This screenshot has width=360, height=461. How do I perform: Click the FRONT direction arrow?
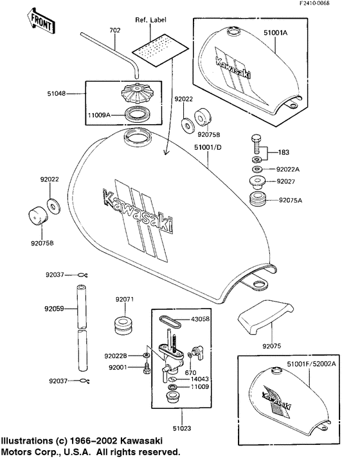(40, 22)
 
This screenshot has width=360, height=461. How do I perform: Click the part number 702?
(115, 30)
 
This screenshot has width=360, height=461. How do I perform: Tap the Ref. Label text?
(150, 20)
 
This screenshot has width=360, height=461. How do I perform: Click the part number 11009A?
(99, 115)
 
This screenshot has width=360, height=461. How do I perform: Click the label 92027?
(285, 181)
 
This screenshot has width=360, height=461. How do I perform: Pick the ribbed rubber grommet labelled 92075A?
(258, 199)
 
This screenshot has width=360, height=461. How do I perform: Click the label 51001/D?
(208, 147)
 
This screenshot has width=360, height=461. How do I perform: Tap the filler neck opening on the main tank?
(137, 136)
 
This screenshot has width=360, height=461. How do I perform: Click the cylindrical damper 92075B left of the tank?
(38, 217)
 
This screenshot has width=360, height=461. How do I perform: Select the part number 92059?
(54, 309)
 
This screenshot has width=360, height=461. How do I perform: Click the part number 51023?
(182, 428)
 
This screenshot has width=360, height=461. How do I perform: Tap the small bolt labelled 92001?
(147, 368)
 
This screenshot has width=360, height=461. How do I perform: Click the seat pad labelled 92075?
(265, 316)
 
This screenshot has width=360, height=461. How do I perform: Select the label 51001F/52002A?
(311, 364)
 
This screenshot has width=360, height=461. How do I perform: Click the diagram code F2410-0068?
(314, 3)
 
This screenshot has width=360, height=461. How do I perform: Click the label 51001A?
(275, 33)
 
